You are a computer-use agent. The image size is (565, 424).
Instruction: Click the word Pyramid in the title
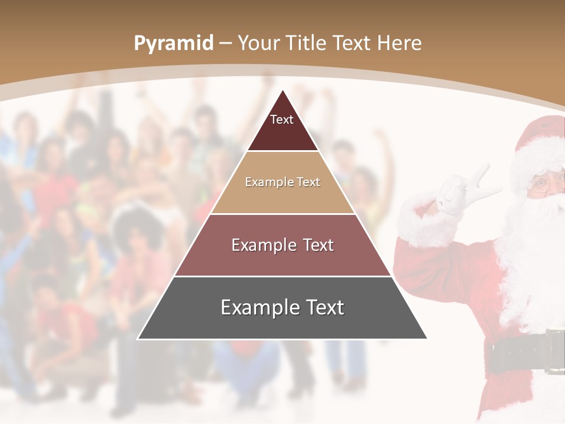(174, 44)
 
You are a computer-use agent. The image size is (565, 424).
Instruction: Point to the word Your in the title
(258, 43)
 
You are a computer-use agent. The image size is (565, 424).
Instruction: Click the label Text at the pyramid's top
(282, 120)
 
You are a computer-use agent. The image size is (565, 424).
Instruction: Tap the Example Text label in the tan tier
(282, 182)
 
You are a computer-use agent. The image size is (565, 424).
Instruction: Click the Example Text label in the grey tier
(282, 307)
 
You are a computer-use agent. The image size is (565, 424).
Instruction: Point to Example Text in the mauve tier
(282, 245)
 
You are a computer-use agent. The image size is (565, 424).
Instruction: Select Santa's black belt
(518, 353)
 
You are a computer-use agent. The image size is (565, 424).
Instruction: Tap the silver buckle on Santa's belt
(554, 352)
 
